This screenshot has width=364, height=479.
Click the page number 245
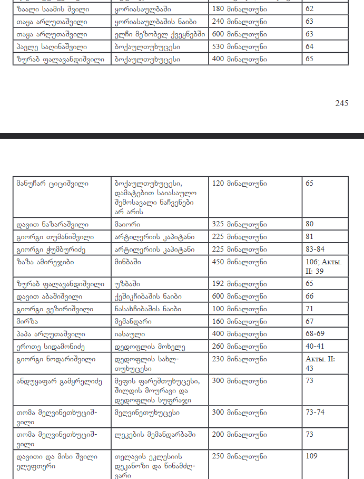point(341,103)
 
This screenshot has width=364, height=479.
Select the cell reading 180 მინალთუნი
point(239,9)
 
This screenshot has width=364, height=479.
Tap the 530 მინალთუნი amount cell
point(239,46)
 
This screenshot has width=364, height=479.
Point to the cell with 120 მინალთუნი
point(239,184)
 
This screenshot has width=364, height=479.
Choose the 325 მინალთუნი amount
point(239,223)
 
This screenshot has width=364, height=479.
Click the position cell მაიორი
point(126,223)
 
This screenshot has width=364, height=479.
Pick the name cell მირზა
point(26,321)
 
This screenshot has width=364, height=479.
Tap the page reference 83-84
point(316,247)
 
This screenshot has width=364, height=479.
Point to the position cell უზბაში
point(127,284)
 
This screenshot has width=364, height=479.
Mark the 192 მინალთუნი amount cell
point(239,284)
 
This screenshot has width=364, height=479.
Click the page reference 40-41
point(316,346)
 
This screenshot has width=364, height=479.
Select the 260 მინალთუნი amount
point(239,346)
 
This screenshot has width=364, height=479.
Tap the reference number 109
point(312,455)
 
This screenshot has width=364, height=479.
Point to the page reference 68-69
point(316,334)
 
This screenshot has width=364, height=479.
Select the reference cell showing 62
point(309,9)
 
